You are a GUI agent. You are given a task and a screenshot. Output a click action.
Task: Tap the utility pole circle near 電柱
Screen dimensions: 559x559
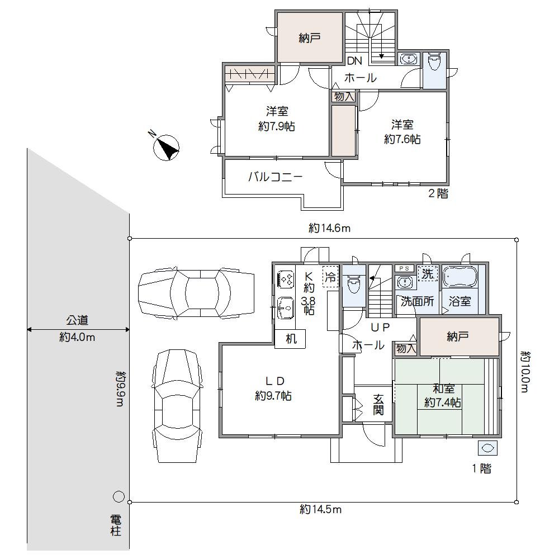click(x=119, y=496)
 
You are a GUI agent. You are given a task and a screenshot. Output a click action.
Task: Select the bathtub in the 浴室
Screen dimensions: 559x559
click(x=459, y=277)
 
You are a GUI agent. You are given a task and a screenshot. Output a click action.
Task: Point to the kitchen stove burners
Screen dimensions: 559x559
click(x=286, y=278)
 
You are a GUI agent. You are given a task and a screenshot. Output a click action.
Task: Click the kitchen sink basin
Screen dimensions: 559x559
click(x=286, y=307)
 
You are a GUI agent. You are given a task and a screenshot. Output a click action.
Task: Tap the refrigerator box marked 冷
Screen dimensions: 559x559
click(x=331, y=276)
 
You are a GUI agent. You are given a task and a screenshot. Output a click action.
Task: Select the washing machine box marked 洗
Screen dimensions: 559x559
click(x=428, y=274)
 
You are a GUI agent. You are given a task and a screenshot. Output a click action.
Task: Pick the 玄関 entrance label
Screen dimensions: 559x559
click(x=378, y=404)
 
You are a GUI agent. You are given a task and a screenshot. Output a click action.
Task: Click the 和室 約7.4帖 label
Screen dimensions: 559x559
click(x=443, y=396)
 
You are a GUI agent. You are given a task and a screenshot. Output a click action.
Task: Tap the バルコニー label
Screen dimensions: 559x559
click(x=275, y=178)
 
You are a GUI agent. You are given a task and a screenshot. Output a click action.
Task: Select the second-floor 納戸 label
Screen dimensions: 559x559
click(x=309, y=39)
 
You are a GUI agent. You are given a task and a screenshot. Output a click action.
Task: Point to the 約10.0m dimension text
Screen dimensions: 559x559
click(x=524, y=371)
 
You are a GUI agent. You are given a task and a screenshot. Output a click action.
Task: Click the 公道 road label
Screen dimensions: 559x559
click(x=78, y=321)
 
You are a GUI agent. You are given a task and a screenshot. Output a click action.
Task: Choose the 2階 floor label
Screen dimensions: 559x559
click(x=438, y=195)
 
